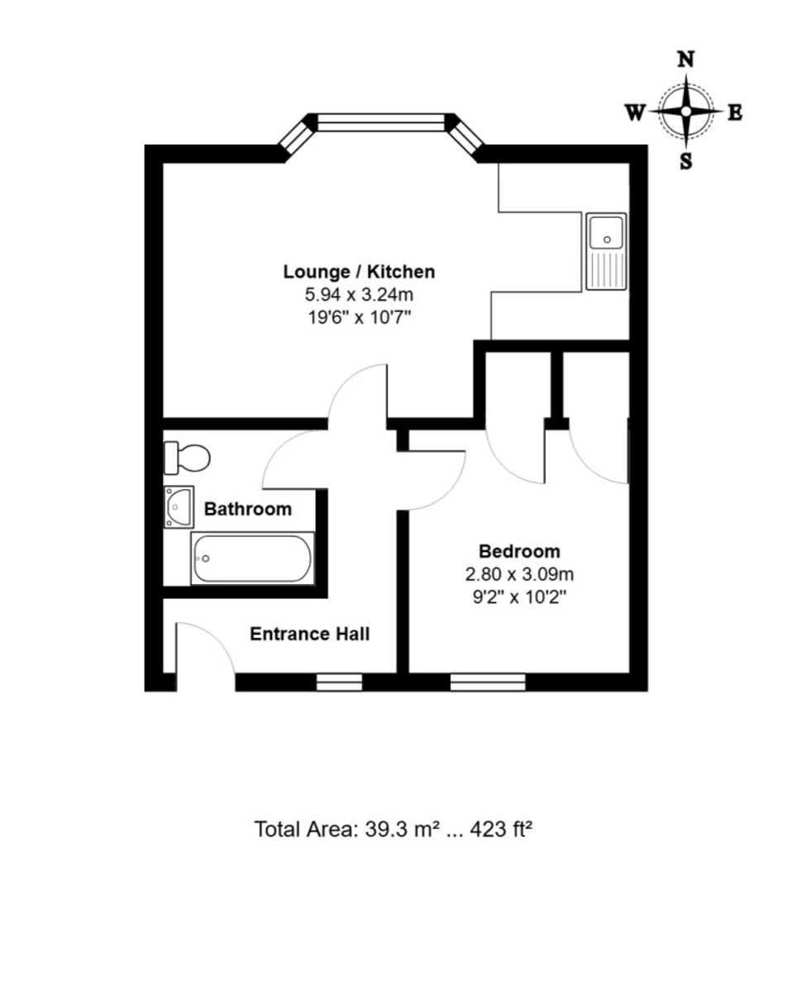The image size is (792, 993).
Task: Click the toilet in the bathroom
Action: point(187,458)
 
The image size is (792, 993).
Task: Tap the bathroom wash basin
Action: point(179,506)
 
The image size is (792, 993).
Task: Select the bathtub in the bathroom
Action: point(252,559)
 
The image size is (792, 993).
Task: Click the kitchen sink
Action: point(606,252)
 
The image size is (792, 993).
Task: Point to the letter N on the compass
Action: point(685,60)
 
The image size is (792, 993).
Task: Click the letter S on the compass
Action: point(686,161)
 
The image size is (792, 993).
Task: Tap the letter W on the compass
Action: point(634,113)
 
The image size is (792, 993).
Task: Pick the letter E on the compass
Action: point(735,113)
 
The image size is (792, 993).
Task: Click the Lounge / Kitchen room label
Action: point(359,271)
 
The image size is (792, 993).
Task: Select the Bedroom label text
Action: point(519,551)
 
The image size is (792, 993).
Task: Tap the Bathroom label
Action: point(247,509)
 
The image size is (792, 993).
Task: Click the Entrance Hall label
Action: point(309,634)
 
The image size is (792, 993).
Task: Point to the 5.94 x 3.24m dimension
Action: point(359,294)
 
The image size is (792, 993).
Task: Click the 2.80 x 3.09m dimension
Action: point(519,574)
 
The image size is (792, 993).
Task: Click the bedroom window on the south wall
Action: point(487,683)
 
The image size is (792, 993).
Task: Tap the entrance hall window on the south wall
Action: point(339,683)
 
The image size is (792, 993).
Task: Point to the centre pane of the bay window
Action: point(381,122)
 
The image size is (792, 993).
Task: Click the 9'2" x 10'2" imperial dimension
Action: point(519,597)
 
